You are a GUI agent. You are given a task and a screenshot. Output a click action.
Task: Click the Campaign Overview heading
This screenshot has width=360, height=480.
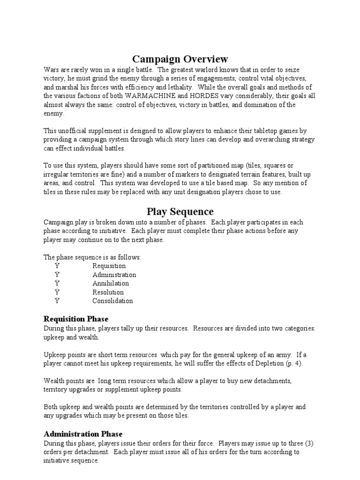click(x=180, y=59)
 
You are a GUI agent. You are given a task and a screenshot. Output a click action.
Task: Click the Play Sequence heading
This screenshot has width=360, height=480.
click(x=180, y=211)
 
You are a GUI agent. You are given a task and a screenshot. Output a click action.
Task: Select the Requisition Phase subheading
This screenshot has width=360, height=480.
click(x=76, y=319)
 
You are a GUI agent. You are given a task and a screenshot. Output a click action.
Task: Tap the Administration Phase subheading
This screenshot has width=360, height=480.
click(x=83, y=434)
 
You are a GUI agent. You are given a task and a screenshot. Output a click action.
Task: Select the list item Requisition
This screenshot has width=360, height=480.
click(x=109, y=266)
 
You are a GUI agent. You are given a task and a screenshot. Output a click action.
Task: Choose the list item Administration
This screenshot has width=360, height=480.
click(x=114, y=275)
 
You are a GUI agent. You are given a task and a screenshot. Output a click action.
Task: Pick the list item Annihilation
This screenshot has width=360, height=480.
click(x=111, y=284)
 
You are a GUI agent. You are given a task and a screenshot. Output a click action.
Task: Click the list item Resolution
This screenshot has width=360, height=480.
click(x=108, y=292)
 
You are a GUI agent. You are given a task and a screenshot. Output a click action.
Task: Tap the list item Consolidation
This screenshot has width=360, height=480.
click(x=112, y=301)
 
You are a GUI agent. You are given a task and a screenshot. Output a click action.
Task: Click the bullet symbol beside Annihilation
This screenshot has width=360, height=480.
click(x=57, y=284)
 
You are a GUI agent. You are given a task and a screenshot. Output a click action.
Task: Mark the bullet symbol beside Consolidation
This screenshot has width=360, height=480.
click(x=57, y=301)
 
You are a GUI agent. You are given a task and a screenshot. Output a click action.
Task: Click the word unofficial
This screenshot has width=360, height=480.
click(x=74, y=131)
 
